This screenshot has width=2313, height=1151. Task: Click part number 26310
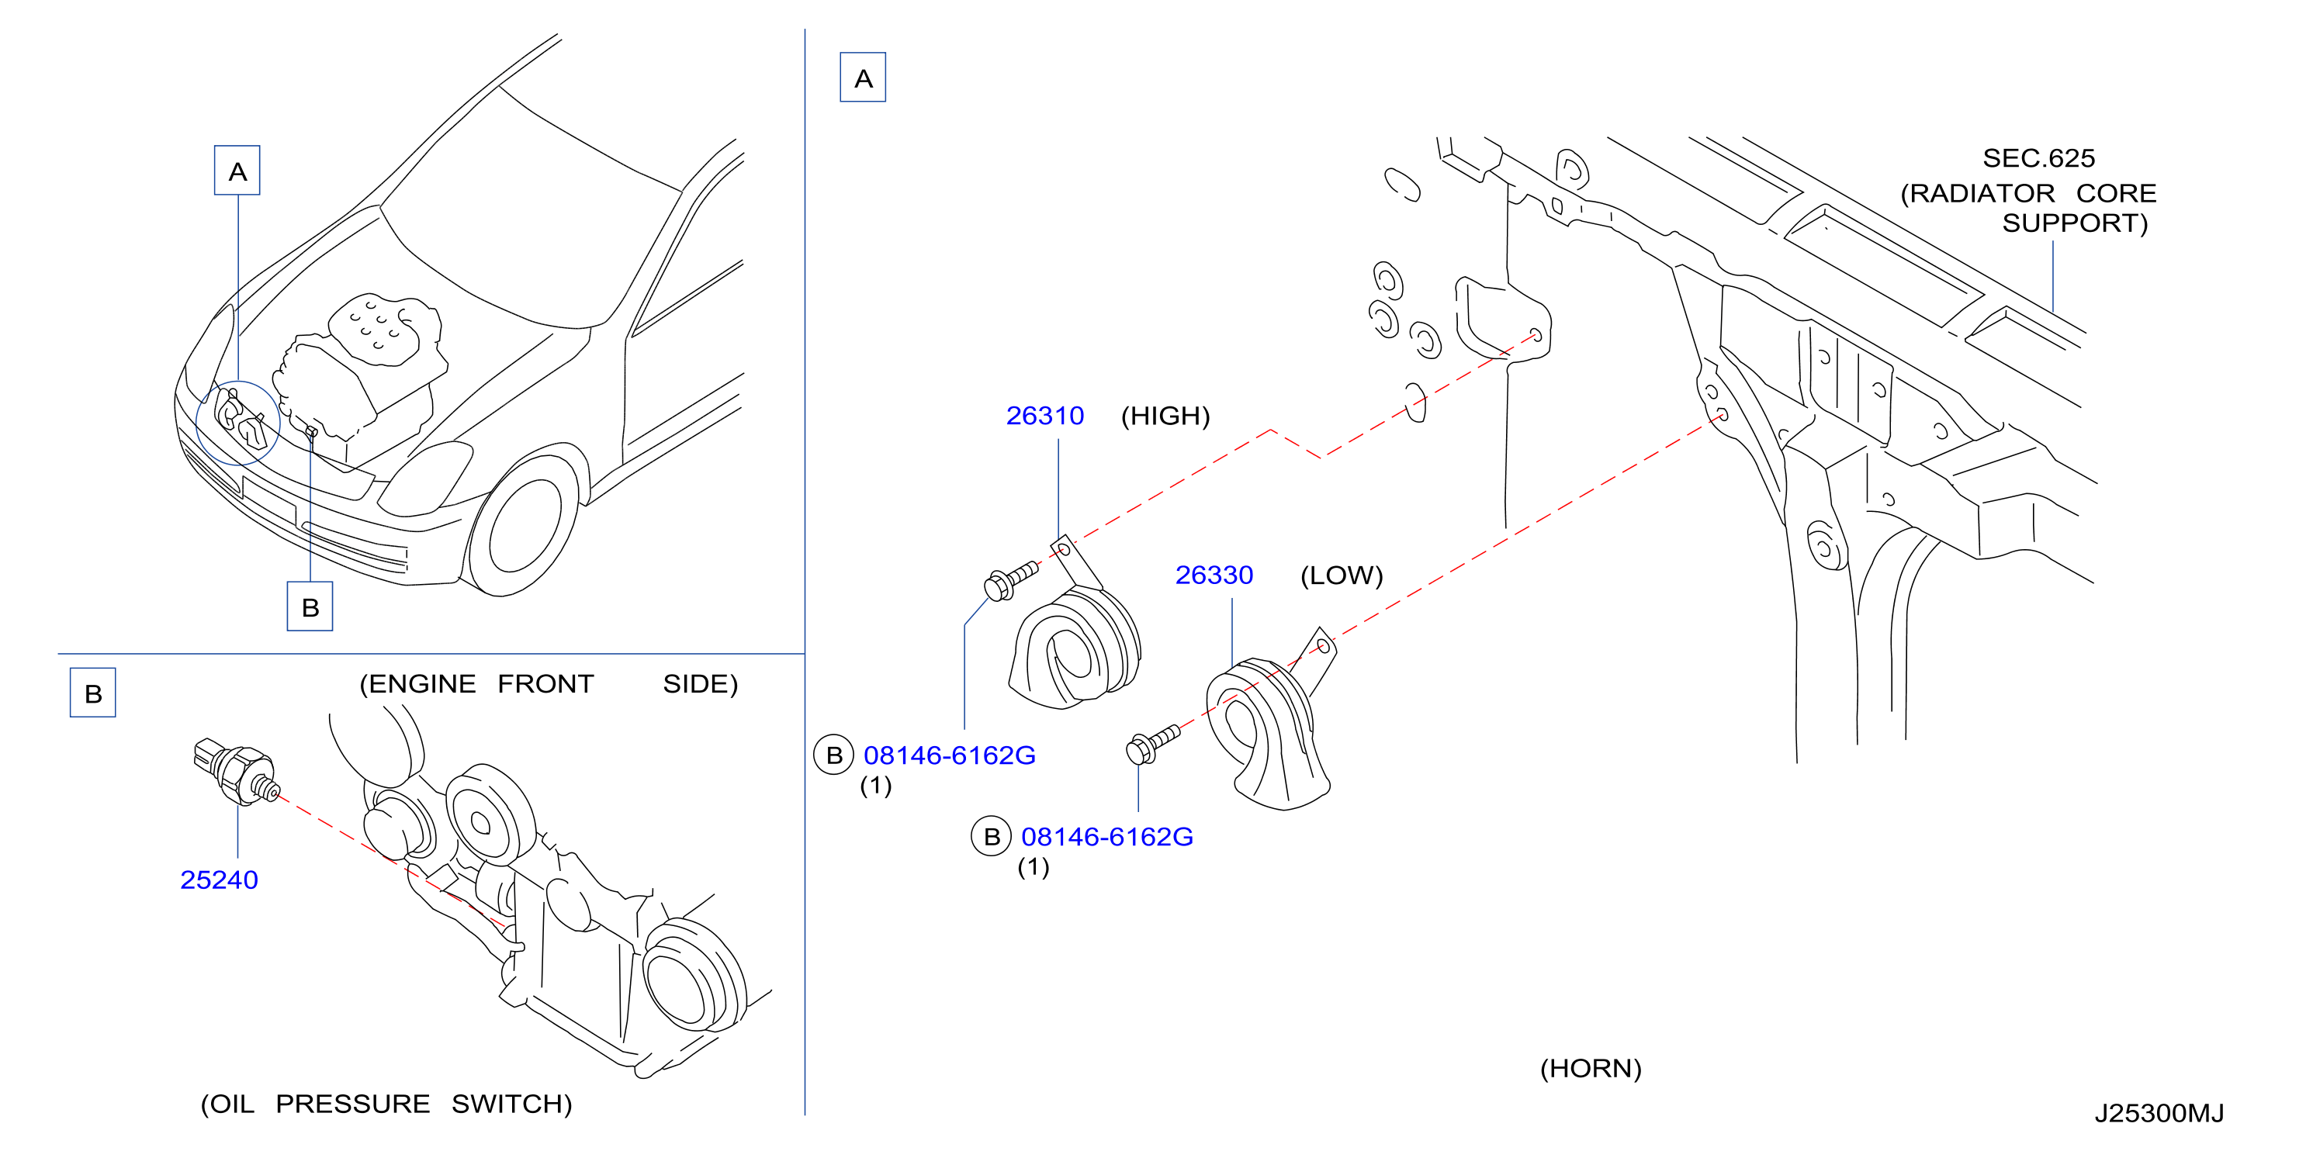[1044, 416]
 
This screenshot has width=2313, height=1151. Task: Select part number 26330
[1214, 575]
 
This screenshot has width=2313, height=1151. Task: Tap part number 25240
[219, 880]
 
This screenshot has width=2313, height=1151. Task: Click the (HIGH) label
[1165, 416]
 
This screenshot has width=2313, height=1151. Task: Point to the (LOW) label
[1342, 575]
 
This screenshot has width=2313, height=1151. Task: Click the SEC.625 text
[2038, 158]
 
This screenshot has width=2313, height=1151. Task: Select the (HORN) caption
[1590, 1069]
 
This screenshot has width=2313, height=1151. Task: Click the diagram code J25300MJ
[2159, 1113]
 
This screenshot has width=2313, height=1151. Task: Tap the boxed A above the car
[237, 171]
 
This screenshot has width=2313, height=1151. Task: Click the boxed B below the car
[310, 607]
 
